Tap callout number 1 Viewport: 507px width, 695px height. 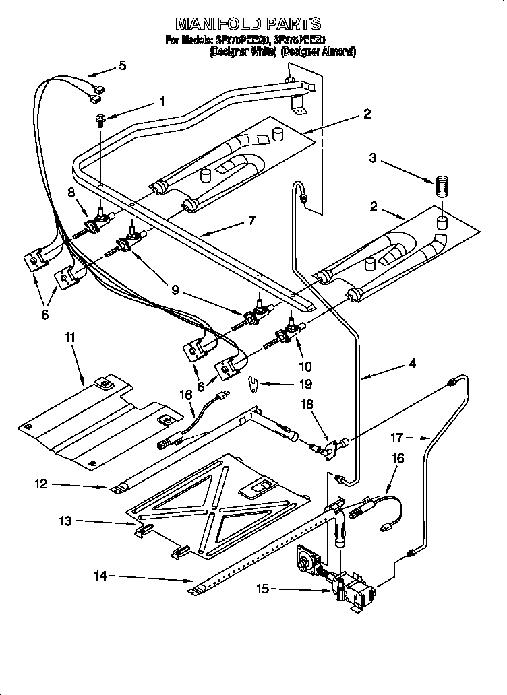tap(162, 102)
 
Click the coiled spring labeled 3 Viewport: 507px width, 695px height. tap(443, 185)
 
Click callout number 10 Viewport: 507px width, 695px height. tap(305, 367)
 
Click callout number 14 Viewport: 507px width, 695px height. tap(100, 576)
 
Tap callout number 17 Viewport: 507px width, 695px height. tap(397, 438)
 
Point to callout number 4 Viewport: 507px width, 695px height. tap(411, 363)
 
